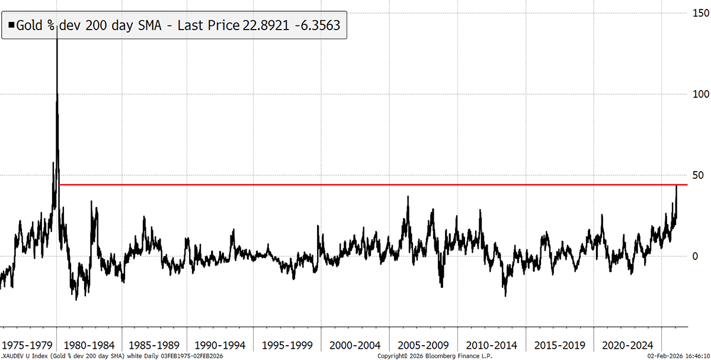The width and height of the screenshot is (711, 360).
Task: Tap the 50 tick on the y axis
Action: click(x=699, y=175)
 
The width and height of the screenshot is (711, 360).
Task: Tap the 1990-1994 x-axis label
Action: click(x=220, y=345)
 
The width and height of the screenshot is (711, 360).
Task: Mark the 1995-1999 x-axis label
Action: click(x=288, y=345)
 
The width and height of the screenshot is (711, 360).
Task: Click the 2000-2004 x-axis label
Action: click(x=355, y=345)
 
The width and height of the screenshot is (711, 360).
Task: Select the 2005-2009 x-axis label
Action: click(x=423, y=345)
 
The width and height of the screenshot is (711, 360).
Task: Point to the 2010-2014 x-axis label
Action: click(x=491, y=345)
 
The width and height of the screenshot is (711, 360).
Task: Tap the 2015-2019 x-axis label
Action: click(x=559, y=345)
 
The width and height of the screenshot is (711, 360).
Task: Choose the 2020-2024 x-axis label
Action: click(x=626, y=345)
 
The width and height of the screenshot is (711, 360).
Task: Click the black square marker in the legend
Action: click(x=11, y=25)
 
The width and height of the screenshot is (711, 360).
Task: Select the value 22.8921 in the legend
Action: click(x=268, y=25)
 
